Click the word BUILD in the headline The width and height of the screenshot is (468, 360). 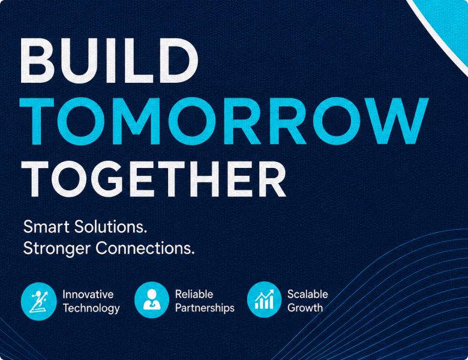click(x=109, y=61)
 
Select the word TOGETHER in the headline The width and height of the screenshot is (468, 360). click(x=154, y=179)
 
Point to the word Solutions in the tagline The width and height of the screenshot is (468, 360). click(x=111, y=227)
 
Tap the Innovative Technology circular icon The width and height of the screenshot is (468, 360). click(x=39, y=301)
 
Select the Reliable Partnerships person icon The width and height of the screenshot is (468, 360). click(x=152, y=300)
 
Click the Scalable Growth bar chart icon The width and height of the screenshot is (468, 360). click(x=265, y=300)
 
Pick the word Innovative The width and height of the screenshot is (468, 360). click(x=88, y=295)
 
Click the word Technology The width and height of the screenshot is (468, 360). click(x=91, y=308)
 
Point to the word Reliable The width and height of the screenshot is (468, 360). click(x=194, y=295)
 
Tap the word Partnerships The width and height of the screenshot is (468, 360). click(x=205, y=308)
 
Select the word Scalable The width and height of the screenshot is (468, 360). click(x=308, y=295)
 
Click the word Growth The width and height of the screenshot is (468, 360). click(x=305, y=308)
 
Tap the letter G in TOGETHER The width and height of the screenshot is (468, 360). click(x=107, y=179)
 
